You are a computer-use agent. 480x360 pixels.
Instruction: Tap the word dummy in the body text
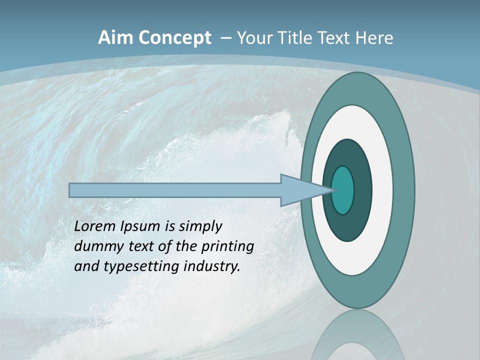click(95, 246)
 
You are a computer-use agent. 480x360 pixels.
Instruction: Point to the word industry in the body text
click(212, 266)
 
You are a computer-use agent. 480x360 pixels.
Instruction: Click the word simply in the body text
click(200, 226)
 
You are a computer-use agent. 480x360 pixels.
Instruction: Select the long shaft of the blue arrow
click(175, 190)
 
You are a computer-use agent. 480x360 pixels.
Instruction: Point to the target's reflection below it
click(357, 335)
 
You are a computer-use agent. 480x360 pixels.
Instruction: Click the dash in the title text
click(226, 38)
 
